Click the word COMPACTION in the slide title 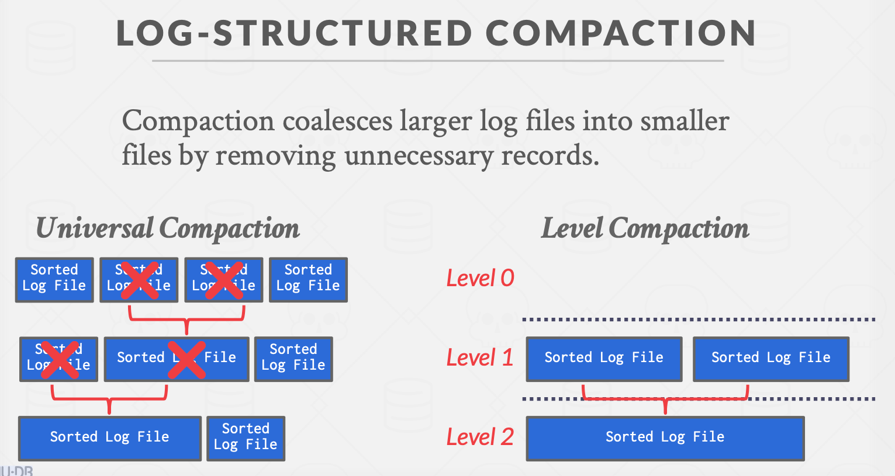620,33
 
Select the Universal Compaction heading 168,228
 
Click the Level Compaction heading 645,228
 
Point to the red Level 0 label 480,278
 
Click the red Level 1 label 479,357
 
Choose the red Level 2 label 479,437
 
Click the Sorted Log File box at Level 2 665,437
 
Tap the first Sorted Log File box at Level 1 604,358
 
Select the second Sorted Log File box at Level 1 770,358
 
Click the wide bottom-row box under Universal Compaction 109,437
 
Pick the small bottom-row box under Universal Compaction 246,437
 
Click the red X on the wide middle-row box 186,360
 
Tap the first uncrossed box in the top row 54,279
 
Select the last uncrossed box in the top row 308,279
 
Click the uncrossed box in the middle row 293,358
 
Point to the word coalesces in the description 337,121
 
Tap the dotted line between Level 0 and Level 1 699,319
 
